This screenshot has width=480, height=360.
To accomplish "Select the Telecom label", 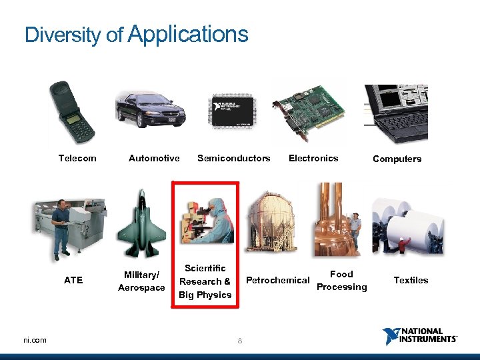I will tap(77, 159).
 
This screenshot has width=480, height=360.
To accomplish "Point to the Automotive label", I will tap(154, 159).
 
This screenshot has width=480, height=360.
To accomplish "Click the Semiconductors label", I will tap(234, 159).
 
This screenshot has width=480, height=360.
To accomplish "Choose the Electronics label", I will tap(313, 159).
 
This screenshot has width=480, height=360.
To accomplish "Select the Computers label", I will tap(397, 159).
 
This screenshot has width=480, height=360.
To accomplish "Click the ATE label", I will tap(73, 281).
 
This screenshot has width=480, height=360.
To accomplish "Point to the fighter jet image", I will tap(141, 225).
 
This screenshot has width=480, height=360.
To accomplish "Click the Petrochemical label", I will tap(278, 281).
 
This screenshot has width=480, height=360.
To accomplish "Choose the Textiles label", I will tap(411, 281).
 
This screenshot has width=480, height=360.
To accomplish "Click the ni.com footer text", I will tap(35, 341).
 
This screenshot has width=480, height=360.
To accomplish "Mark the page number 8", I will tap(240, 341).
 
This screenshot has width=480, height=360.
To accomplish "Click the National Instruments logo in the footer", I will tap(420, 335).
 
